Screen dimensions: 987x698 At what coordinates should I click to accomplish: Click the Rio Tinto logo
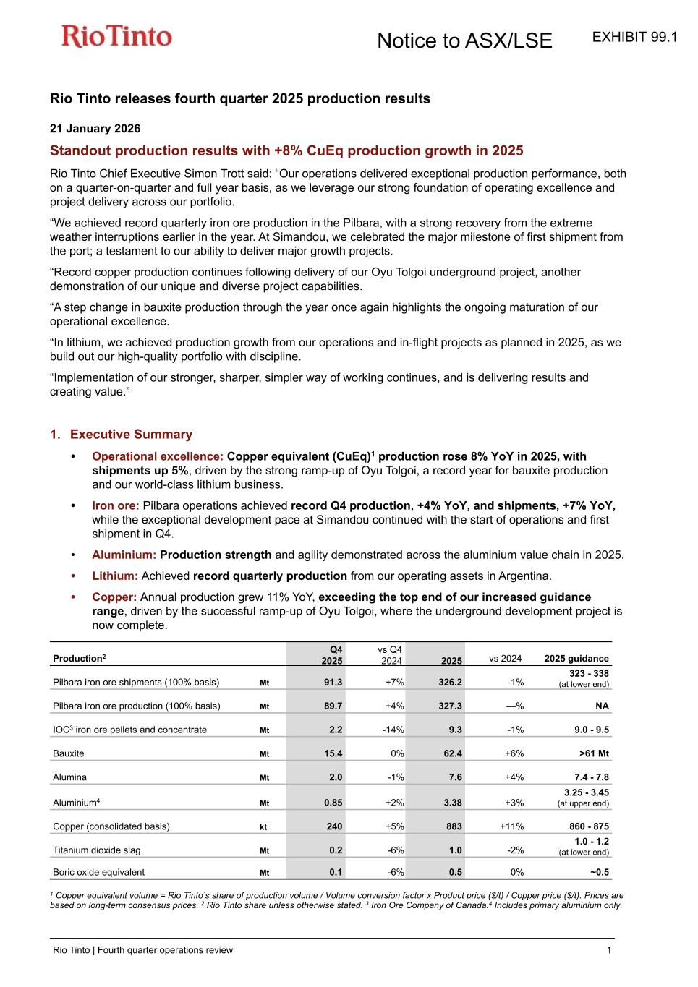click(116, 36)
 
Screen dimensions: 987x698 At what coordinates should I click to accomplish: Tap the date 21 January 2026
click(95, 129)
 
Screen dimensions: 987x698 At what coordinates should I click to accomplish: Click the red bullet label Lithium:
click(114, 576)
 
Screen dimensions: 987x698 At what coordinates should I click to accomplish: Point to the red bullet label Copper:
click(114, 597)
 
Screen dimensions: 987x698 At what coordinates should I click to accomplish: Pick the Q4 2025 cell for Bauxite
click(333, 753)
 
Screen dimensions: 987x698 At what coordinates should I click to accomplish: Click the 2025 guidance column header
click(576, 659)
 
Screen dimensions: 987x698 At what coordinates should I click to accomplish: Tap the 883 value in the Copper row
click(453, 826)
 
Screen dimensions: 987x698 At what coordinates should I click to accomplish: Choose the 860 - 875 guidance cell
click(591, 826)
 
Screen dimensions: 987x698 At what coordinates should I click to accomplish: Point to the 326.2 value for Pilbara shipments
click(450, 682)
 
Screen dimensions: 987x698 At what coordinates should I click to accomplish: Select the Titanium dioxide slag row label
click(96, 850)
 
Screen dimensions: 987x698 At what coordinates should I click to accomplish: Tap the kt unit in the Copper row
click(263, 827)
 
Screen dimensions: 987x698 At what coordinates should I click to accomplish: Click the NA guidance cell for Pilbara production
click(601, 706)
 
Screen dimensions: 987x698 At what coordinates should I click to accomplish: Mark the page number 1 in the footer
click(609, 950)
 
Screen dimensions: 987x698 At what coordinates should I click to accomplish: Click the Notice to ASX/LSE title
click(464, 41)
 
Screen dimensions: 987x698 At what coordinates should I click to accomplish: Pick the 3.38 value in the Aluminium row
click(451, 803)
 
